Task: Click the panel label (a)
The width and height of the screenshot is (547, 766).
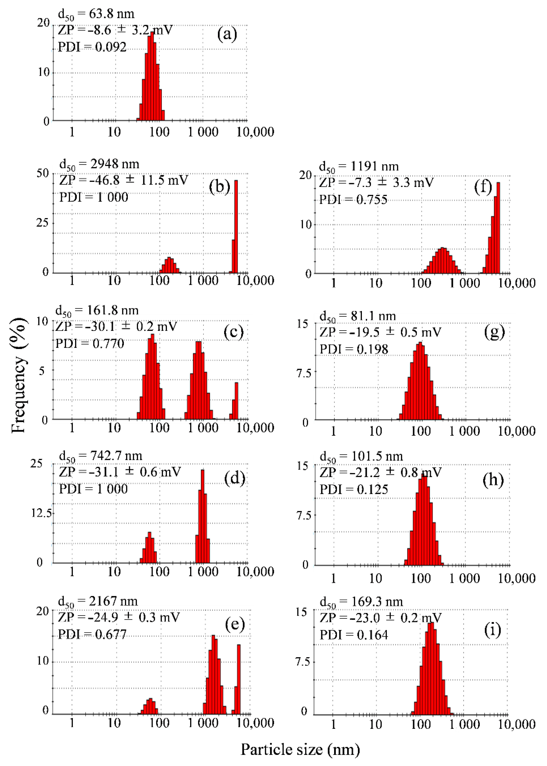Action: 227,34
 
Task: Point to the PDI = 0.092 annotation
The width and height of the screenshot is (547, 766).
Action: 92,47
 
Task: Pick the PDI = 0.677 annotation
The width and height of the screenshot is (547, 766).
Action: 92,634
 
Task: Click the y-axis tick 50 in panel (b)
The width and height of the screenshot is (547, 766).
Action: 43,173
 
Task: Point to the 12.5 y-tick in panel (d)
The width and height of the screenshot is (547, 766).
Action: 41,513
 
